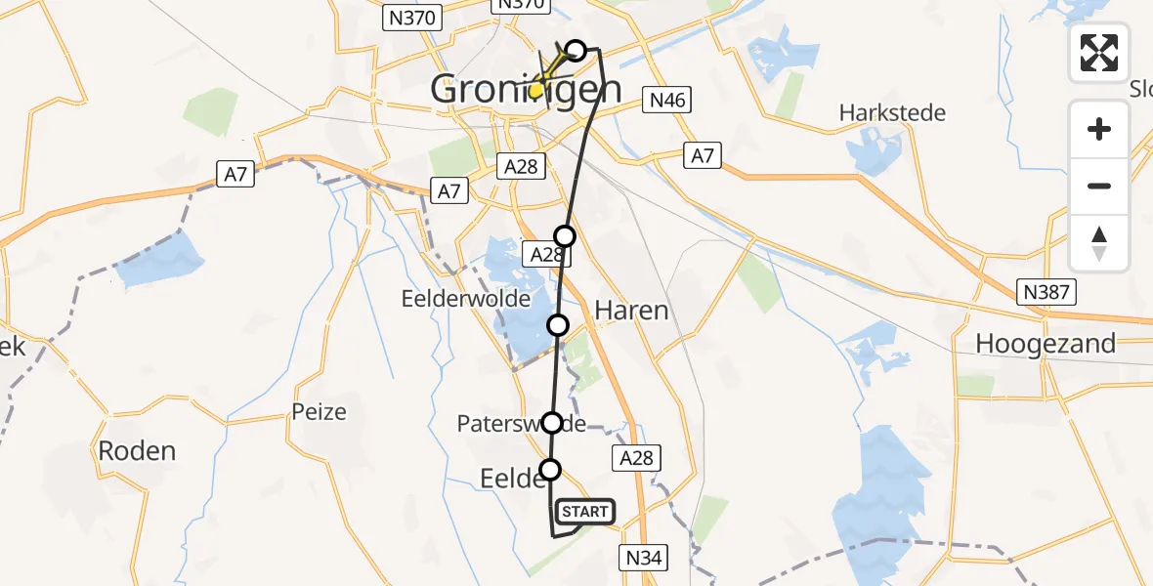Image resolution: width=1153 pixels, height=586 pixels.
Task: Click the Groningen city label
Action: click(526, 90)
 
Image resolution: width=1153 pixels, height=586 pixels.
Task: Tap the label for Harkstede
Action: click(892, 113)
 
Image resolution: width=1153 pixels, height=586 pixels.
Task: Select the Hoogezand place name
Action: click(1046, 344)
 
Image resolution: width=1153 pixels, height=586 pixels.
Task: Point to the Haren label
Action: click(631, 312)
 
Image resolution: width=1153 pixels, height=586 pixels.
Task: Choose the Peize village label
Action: click(320, 411)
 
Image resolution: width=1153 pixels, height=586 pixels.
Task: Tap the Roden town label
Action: click(137, 451)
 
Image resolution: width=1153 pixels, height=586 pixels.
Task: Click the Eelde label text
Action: click(511, 479)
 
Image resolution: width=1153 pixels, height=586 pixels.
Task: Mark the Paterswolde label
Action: click(521, 424)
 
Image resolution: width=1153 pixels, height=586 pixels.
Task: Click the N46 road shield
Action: click(667, 99)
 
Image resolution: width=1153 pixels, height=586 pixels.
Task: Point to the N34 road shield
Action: click(644, 559)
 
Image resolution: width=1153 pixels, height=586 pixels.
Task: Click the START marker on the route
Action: click(584, 512)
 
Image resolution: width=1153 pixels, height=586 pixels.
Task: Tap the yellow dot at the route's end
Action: click(535, 90)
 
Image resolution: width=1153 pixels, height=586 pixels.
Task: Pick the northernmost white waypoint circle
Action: click(576, 50)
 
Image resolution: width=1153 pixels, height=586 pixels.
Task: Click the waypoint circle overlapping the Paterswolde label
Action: click(552, 423)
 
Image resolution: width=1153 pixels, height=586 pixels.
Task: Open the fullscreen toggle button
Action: click(1099, 53)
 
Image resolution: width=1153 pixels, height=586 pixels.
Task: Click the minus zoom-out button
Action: click(1099, 186)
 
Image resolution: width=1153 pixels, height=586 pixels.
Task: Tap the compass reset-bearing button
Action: click(1099, 242)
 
